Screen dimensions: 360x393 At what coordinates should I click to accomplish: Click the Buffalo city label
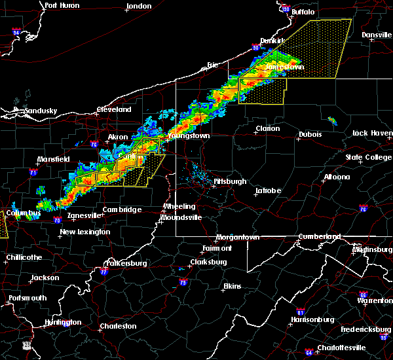point(303,12)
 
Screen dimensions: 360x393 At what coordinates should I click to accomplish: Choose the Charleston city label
point(118,326)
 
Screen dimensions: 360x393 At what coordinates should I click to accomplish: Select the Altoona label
point(336,177)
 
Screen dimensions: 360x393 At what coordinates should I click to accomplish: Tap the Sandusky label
point(40,111)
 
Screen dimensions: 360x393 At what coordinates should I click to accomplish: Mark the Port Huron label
point(62,5)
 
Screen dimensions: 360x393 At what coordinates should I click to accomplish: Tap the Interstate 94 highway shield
point(16,31)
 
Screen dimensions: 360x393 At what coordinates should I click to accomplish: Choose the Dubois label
point(310,134)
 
